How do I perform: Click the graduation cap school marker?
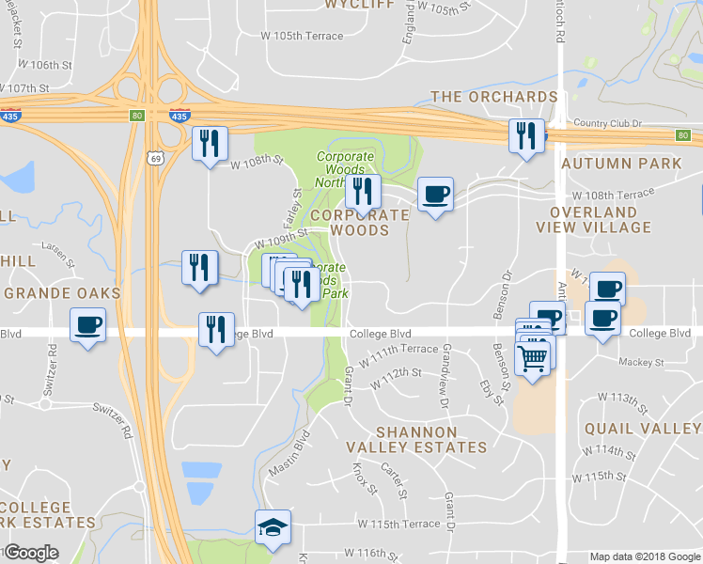coord(273,527)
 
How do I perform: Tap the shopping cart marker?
coord(533,356)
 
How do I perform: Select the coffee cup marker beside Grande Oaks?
coord(87,326)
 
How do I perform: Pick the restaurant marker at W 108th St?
coord(210,144)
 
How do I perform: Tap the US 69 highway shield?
coord(154,157)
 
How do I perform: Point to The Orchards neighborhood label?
coord(494,97)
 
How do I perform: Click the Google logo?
coord(31,553)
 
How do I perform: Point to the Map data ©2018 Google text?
coord(645,556)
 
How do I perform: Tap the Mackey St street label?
coord(641,362)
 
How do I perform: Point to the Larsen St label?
coord(55,255)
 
